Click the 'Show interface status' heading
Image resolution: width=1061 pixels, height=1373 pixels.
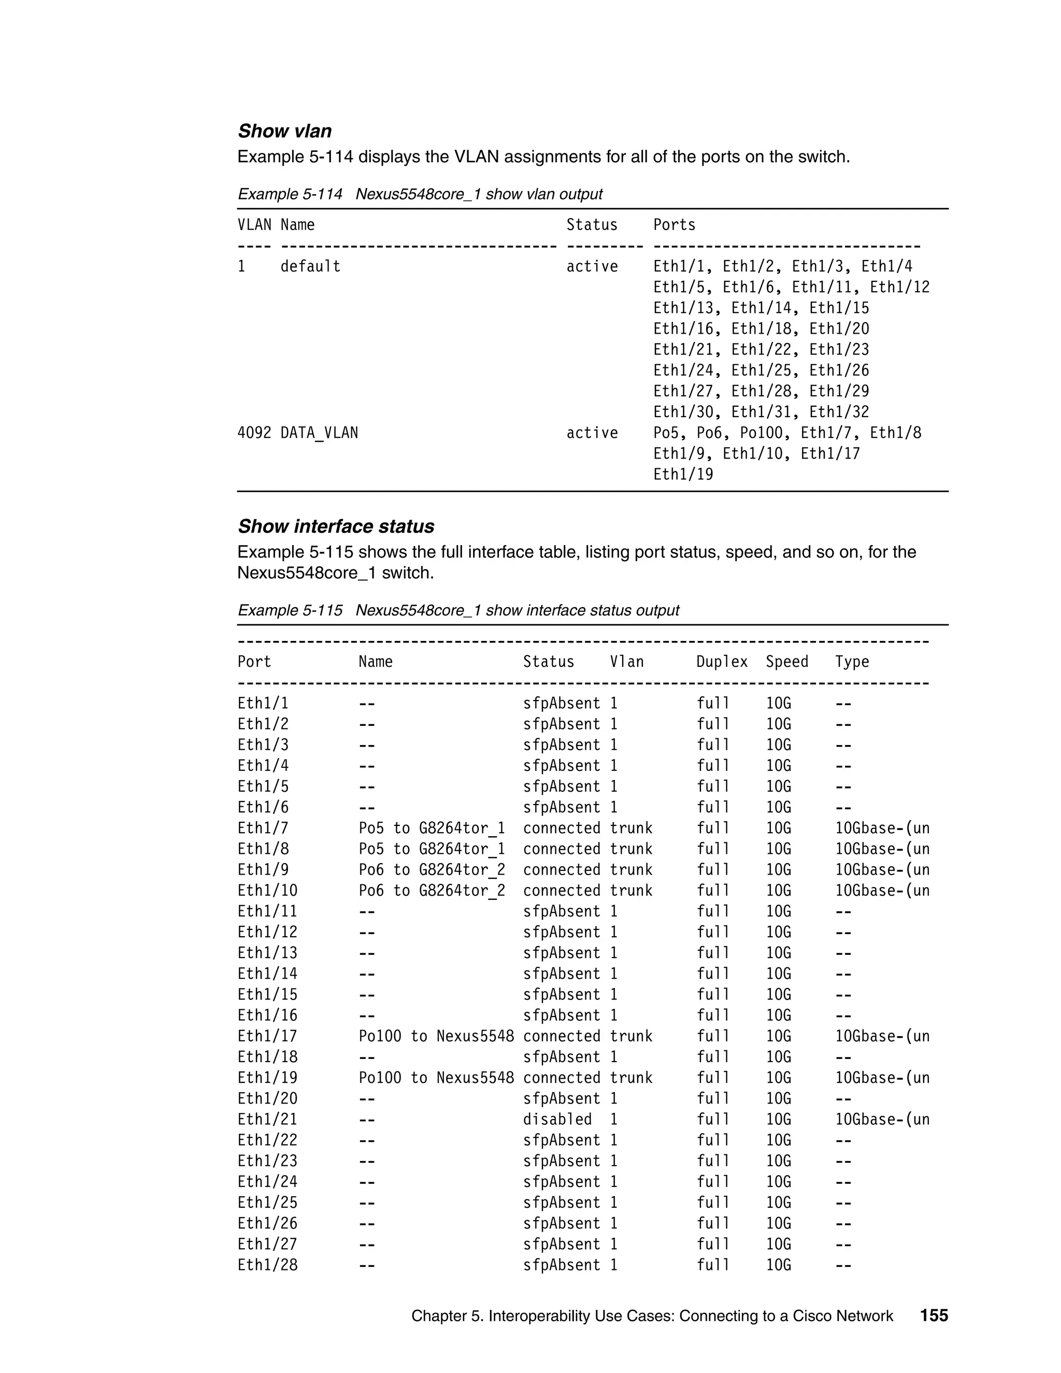336,526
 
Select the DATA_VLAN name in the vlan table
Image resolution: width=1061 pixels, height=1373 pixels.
319,433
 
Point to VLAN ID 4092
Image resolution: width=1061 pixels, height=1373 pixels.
254,433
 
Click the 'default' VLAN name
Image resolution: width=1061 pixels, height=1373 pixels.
310,266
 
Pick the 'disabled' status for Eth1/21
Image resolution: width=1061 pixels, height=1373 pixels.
557,1119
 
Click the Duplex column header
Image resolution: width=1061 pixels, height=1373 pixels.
722,662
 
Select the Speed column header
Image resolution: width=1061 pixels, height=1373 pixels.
786,662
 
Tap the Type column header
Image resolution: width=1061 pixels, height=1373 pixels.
852,662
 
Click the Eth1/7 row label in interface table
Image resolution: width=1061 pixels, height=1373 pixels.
263,828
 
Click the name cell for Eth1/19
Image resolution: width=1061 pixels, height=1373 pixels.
436,1078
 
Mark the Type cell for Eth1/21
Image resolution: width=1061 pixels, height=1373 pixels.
882,1119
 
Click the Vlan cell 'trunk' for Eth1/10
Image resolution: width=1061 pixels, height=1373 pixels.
631,891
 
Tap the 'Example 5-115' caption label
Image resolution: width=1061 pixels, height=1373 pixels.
290,610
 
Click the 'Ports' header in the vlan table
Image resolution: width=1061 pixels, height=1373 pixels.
674,225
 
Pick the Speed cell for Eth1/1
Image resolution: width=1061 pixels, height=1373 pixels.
778,704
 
